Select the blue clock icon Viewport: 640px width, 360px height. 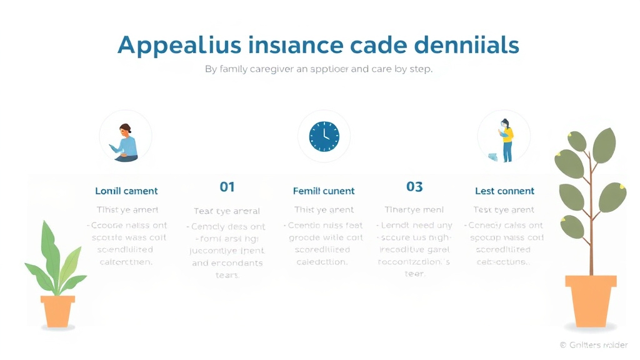pos(324,136)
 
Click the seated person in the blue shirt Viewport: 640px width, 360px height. pos(126,142)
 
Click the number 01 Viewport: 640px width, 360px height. pos(227,186)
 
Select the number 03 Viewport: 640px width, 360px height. pos(414,186)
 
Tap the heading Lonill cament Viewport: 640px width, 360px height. pos(126,191)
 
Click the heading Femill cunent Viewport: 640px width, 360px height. pos(324,191)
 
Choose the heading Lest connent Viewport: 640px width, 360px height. pos(504,191)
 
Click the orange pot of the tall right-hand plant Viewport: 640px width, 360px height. pos(590,300)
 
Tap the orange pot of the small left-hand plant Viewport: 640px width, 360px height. pos(57,311)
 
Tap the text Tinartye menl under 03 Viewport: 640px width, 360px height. pos(414,210)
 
